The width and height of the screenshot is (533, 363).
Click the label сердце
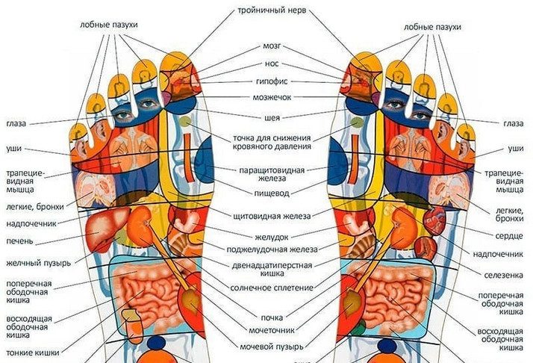click(510, 236)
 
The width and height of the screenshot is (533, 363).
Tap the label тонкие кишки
click(29, 352)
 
